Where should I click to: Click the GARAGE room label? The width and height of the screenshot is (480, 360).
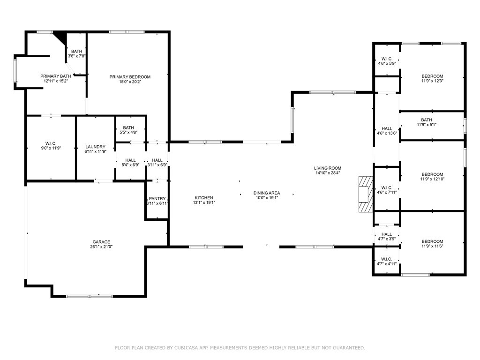point(101,242)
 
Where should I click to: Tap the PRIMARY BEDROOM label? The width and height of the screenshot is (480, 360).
point(130,77)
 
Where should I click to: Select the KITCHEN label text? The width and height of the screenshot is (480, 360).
point(204,198)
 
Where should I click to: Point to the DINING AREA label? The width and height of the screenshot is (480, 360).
point(267,193)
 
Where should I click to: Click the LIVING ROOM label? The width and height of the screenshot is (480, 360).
point(328,168)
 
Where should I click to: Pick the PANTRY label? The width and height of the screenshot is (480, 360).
point(157,199)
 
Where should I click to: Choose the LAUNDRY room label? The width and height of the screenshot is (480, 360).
point(95,147)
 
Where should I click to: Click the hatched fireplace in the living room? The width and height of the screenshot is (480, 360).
point(366,194)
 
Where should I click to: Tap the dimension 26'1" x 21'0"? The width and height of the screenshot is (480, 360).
point(101,247)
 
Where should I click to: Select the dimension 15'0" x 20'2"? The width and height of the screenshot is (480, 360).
point(130,82)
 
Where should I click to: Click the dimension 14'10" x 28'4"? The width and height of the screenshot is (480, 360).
point(328,173)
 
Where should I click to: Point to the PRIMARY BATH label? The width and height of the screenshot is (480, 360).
point(56,76)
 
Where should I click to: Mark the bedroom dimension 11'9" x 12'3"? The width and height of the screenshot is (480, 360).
point(432,81)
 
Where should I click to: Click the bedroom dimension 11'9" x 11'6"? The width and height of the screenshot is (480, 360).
point(432,246)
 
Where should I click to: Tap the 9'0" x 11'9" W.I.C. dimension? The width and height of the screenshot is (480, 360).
point(51,148)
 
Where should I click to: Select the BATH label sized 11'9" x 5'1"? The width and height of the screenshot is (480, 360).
point(427,120)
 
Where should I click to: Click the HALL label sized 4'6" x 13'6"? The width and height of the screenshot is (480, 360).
point(387,128)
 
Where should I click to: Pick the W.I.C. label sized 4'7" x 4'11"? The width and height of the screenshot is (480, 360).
point(387,259)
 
